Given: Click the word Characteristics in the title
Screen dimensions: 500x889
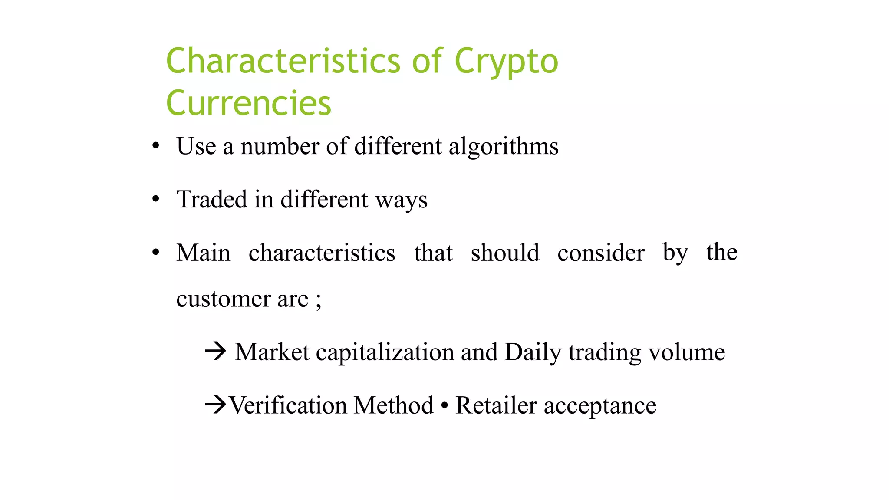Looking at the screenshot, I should tap(283, 61).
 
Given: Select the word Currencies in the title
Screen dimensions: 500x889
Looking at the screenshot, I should tap(249, 103).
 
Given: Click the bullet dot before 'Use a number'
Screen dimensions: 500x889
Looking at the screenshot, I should tap(156, 146).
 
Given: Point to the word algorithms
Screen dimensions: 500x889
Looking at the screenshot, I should tap(504, 147).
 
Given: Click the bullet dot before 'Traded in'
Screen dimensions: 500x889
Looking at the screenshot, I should tap(156, 199).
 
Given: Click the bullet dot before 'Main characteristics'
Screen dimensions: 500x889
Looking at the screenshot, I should tap(156, 252).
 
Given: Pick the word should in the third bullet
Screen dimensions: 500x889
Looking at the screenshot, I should tap(505, 253).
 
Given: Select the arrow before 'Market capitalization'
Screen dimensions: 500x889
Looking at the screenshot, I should tap(216, 351).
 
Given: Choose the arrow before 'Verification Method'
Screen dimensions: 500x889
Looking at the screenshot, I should tap(215, 405).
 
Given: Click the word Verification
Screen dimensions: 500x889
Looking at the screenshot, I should tap(288, 405).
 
